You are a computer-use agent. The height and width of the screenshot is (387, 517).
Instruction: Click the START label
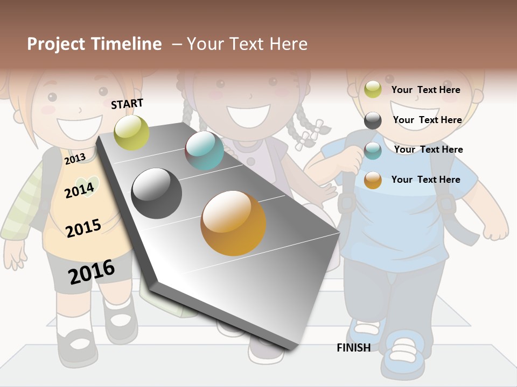[127, 104]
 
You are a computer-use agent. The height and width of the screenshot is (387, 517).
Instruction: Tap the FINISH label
[353, 348]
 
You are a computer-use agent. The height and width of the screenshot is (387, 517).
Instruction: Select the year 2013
[75, 159]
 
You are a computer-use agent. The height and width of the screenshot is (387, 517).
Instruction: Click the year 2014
[79, 190]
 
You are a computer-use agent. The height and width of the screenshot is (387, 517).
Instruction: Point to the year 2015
[83, 228]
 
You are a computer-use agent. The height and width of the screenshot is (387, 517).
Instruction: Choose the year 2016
[92, 272]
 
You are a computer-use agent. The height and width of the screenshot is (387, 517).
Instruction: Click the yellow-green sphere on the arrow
[131, 132]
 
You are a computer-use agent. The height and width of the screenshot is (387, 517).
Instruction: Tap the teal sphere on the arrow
[204, 150]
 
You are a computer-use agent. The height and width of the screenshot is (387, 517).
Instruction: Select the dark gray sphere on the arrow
[157, 193]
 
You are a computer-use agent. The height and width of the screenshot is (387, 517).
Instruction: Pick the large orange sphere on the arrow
[233, 223]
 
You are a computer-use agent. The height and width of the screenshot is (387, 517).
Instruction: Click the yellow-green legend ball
[373, 90]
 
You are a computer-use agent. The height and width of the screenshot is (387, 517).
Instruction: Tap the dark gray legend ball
[373, 120]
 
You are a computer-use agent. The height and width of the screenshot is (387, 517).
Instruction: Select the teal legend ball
[373, 150]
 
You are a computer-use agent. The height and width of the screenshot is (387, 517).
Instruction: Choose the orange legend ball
[373, 181]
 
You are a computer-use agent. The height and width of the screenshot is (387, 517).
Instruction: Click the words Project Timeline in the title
[94, 44]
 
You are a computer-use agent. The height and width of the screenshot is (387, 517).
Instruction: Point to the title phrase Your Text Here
[247, 44]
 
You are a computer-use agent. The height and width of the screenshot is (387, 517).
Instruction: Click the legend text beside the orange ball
[425, 180]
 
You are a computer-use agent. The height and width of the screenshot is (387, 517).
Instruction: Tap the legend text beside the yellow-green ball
[425, 90]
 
